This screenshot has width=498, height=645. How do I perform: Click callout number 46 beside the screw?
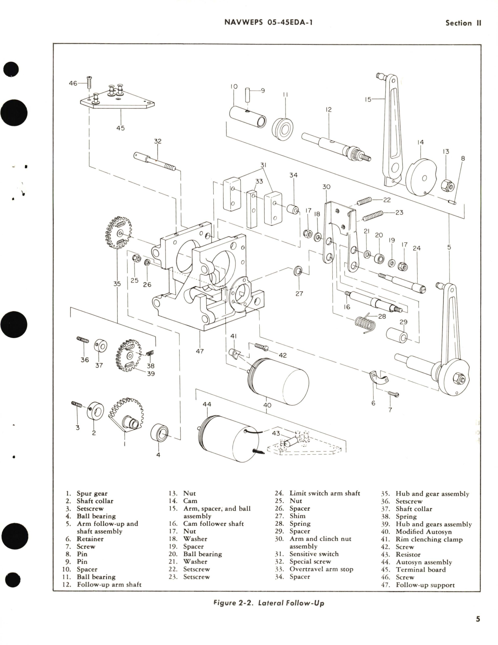(73, 83)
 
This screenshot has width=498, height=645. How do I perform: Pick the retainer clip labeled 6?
(378, 376)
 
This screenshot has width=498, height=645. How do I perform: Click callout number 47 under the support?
(200, 351)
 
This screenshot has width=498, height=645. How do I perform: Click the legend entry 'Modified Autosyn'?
(423, 532)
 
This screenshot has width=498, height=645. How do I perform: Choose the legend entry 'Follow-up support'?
(425, 585)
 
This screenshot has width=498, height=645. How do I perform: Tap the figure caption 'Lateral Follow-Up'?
(269, 603)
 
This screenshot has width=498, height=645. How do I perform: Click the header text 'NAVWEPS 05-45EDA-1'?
(268, 22)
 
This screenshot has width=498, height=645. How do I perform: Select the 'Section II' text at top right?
(463, 23)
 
